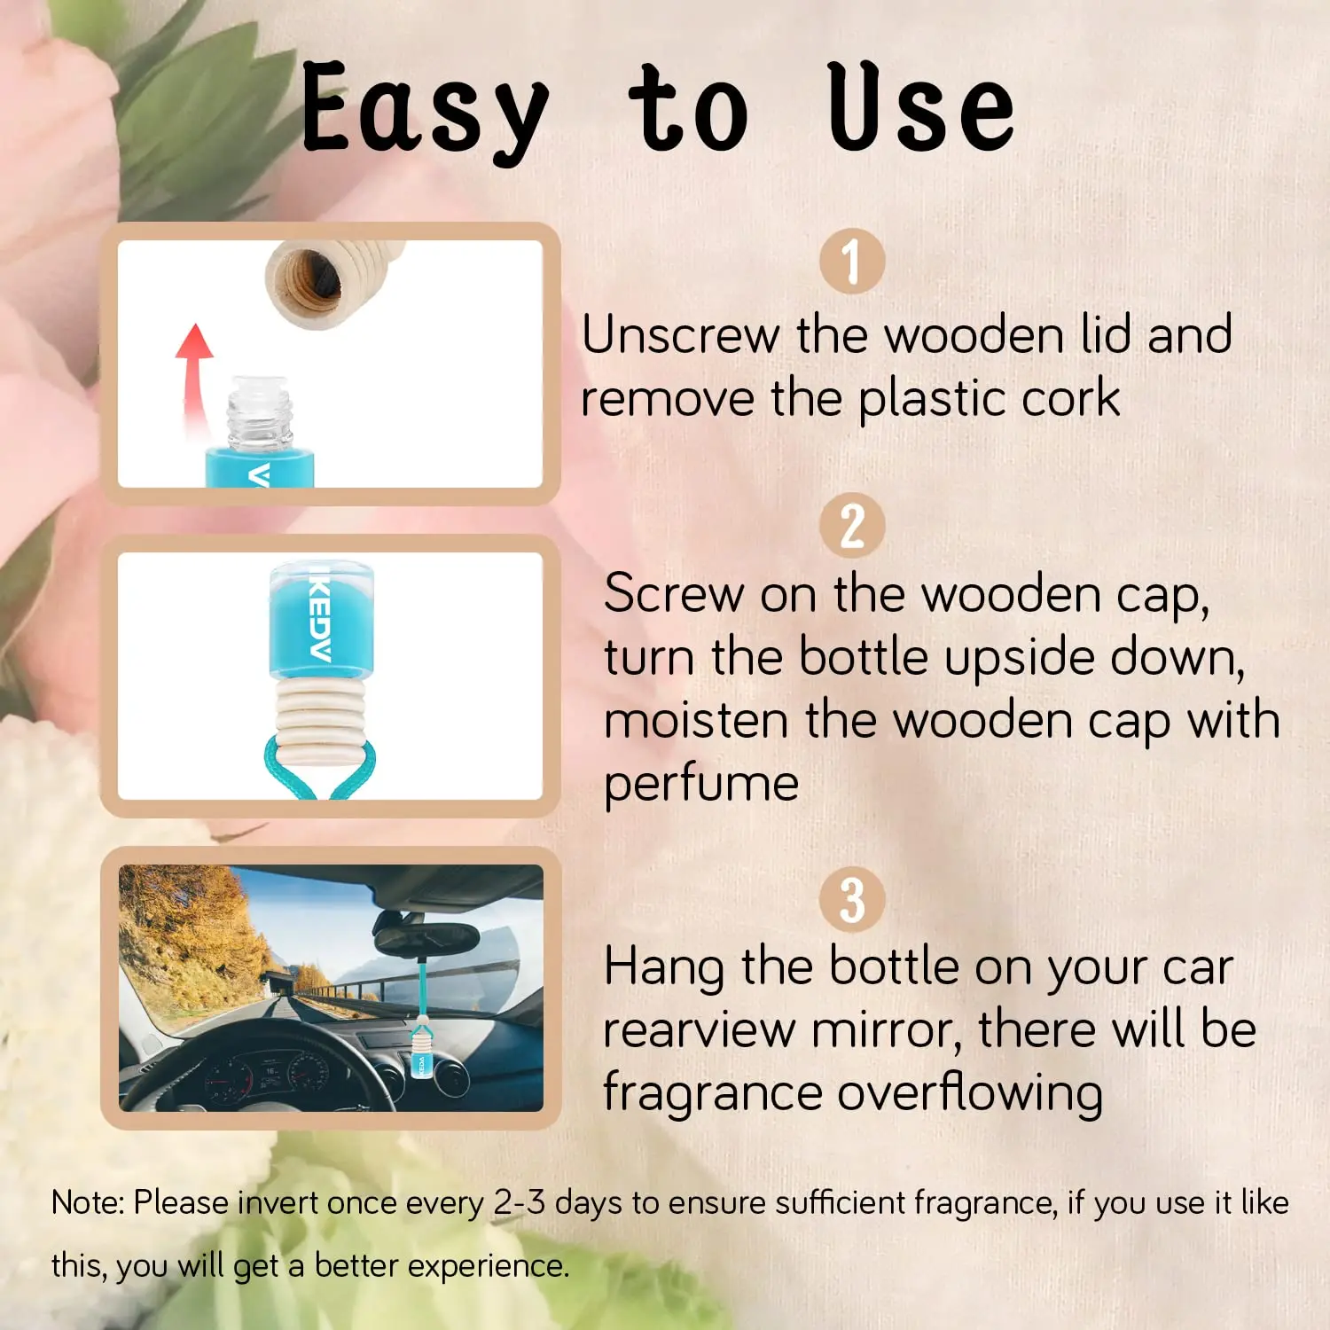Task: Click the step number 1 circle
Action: point(852,261)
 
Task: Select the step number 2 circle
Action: point(852,525)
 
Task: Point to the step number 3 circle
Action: point(852,899)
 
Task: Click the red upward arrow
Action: point(194,377)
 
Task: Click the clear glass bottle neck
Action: point(260,412)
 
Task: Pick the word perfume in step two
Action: point(701,785)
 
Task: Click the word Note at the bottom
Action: point(89,1203)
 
